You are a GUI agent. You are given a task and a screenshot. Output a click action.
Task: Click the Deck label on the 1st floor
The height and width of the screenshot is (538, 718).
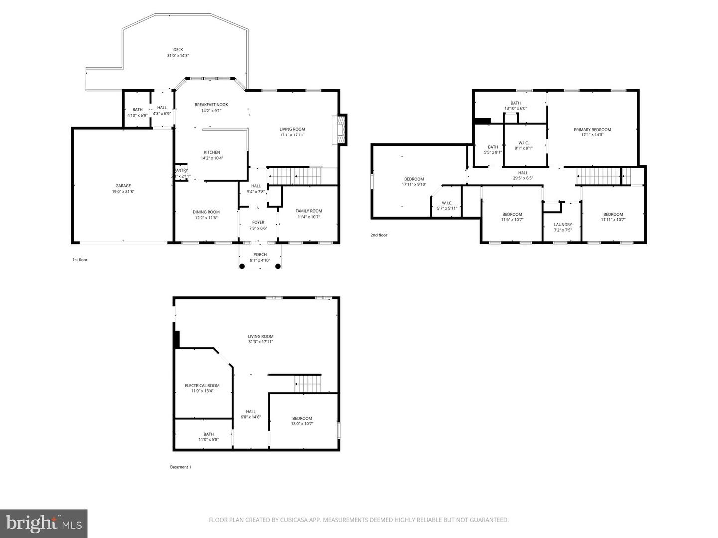(178, 50)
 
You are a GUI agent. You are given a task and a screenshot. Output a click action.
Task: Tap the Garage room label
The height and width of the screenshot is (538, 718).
(123, 186)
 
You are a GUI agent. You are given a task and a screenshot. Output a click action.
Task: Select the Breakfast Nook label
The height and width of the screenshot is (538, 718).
(211, 105)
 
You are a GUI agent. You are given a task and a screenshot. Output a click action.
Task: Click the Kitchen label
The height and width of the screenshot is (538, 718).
(212, 152)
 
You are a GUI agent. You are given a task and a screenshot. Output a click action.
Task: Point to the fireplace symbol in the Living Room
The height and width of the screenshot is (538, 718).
(341, 130)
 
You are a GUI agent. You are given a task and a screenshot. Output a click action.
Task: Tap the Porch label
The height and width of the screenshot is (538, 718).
(260, 255)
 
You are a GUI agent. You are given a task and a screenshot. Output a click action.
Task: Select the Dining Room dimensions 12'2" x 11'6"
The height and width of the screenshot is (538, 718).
(206, 218)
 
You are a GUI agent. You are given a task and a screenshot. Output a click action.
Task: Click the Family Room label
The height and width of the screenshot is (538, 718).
(309, 211)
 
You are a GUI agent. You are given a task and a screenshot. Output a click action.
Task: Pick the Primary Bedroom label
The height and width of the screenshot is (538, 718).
(592, 130)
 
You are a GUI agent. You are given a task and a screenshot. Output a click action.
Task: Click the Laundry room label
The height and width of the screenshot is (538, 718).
(563, 225)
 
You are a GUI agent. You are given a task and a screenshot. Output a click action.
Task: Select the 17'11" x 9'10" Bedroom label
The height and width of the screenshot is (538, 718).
(414, 179)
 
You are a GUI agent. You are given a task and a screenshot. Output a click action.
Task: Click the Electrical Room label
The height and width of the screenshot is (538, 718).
(202, 385)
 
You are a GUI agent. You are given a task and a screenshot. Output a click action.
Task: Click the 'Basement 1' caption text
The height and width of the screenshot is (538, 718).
(180, 467)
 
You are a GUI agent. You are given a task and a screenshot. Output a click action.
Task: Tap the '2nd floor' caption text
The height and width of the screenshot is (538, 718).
(379, 235)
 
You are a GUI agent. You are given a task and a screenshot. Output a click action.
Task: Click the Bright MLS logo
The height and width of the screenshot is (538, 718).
(44, 523)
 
